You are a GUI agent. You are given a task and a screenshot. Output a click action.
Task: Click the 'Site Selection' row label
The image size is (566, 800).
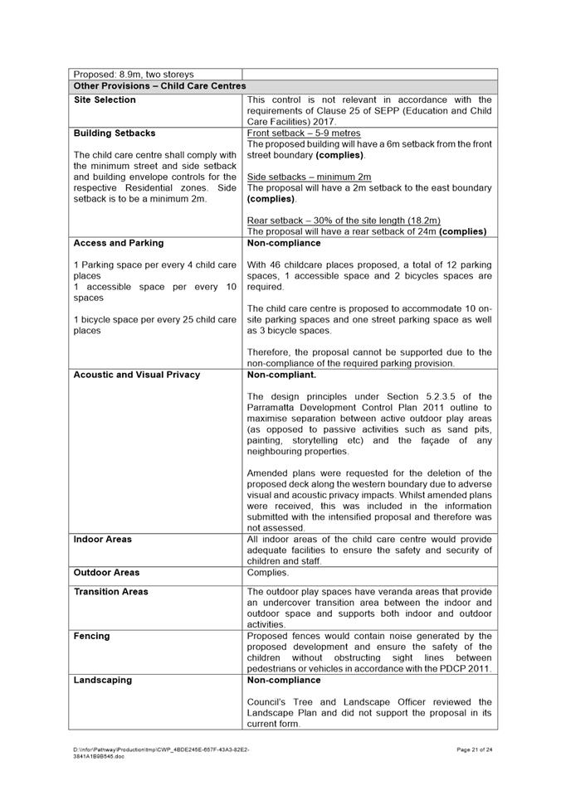point(105,100)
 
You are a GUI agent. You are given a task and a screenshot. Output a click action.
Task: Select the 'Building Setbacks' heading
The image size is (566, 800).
point(115,133)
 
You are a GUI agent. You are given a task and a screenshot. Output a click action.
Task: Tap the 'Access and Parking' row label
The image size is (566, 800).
point(119,243)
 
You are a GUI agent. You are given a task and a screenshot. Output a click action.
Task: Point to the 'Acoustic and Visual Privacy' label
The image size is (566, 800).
point(137,375)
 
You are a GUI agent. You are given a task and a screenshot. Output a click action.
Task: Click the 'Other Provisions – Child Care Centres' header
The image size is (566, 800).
point(159,85)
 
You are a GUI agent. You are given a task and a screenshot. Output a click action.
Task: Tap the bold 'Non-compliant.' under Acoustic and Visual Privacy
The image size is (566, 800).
point(281,375)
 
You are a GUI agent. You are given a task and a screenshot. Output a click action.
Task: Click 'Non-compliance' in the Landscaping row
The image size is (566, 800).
point(284,681)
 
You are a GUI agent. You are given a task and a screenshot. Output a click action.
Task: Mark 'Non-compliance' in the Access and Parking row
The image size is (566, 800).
point(284,243)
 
